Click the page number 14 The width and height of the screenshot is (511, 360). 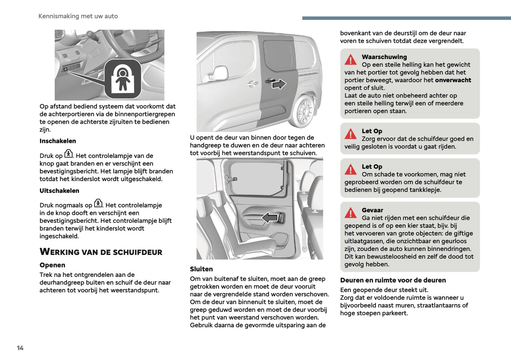[20, 348]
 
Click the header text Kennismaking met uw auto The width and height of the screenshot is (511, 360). [78, 16]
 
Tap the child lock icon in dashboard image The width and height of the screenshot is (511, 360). [123, 79]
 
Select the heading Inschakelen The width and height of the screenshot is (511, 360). [58, 141]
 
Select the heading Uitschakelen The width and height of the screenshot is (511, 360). [59, 191]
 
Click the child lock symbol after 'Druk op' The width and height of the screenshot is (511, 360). [69, 154]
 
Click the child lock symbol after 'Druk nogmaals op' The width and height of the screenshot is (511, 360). [98, 203]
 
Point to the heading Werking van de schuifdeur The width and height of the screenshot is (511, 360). [101, 252]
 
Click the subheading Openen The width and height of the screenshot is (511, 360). [52, 265]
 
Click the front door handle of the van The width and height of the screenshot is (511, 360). [252, 84]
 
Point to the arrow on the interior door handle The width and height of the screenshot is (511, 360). [270, 217]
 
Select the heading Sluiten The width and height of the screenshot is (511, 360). [201, 269]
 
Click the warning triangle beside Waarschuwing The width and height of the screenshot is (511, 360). [351, 60]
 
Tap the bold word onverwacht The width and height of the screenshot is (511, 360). [453, 80]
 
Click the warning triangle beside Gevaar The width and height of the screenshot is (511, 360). [351, 213]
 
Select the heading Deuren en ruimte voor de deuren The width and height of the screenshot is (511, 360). [393, 280]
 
